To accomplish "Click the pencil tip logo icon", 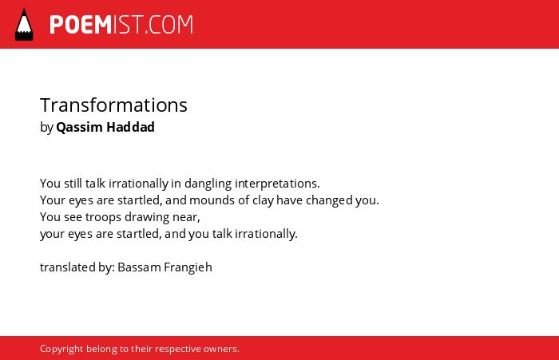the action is point(24,25).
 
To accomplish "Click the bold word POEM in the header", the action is point(81,25).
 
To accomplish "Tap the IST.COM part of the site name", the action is point(153,25).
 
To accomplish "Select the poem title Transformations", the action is point(113,105).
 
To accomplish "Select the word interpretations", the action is point(277,184).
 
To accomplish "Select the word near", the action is point(186,217).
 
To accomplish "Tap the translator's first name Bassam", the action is point(139,267).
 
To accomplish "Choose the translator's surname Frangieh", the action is point(188,267).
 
